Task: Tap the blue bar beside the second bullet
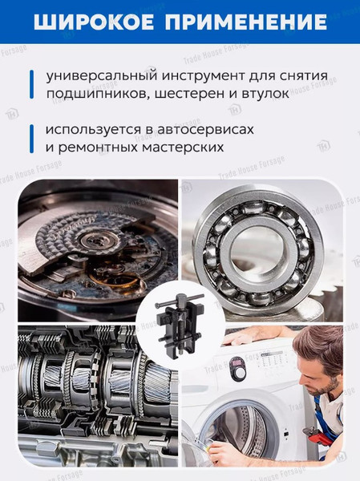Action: click(x=31, y=138)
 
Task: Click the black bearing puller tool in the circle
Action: click(x=180, y=321)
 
